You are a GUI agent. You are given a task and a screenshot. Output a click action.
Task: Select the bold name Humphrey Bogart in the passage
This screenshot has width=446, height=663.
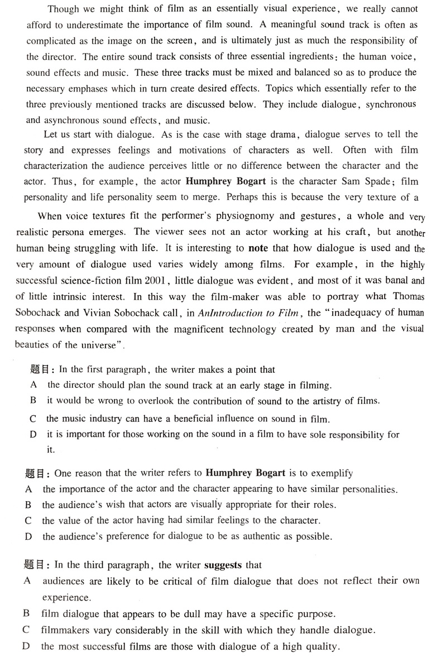[221, 181]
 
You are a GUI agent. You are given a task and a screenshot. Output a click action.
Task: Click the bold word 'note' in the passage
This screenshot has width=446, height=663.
[258, 248]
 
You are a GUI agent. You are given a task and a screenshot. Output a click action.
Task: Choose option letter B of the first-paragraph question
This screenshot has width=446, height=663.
[33, 400]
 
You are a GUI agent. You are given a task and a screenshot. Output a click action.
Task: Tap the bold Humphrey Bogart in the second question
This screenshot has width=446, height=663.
[246, 473]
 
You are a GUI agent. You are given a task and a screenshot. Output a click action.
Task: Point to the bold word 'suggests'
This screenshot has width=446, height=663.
[223, 565]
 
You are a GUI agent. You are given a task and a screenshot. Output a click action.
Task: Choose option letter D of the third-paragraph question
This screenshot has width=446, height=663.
[26, 646]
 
